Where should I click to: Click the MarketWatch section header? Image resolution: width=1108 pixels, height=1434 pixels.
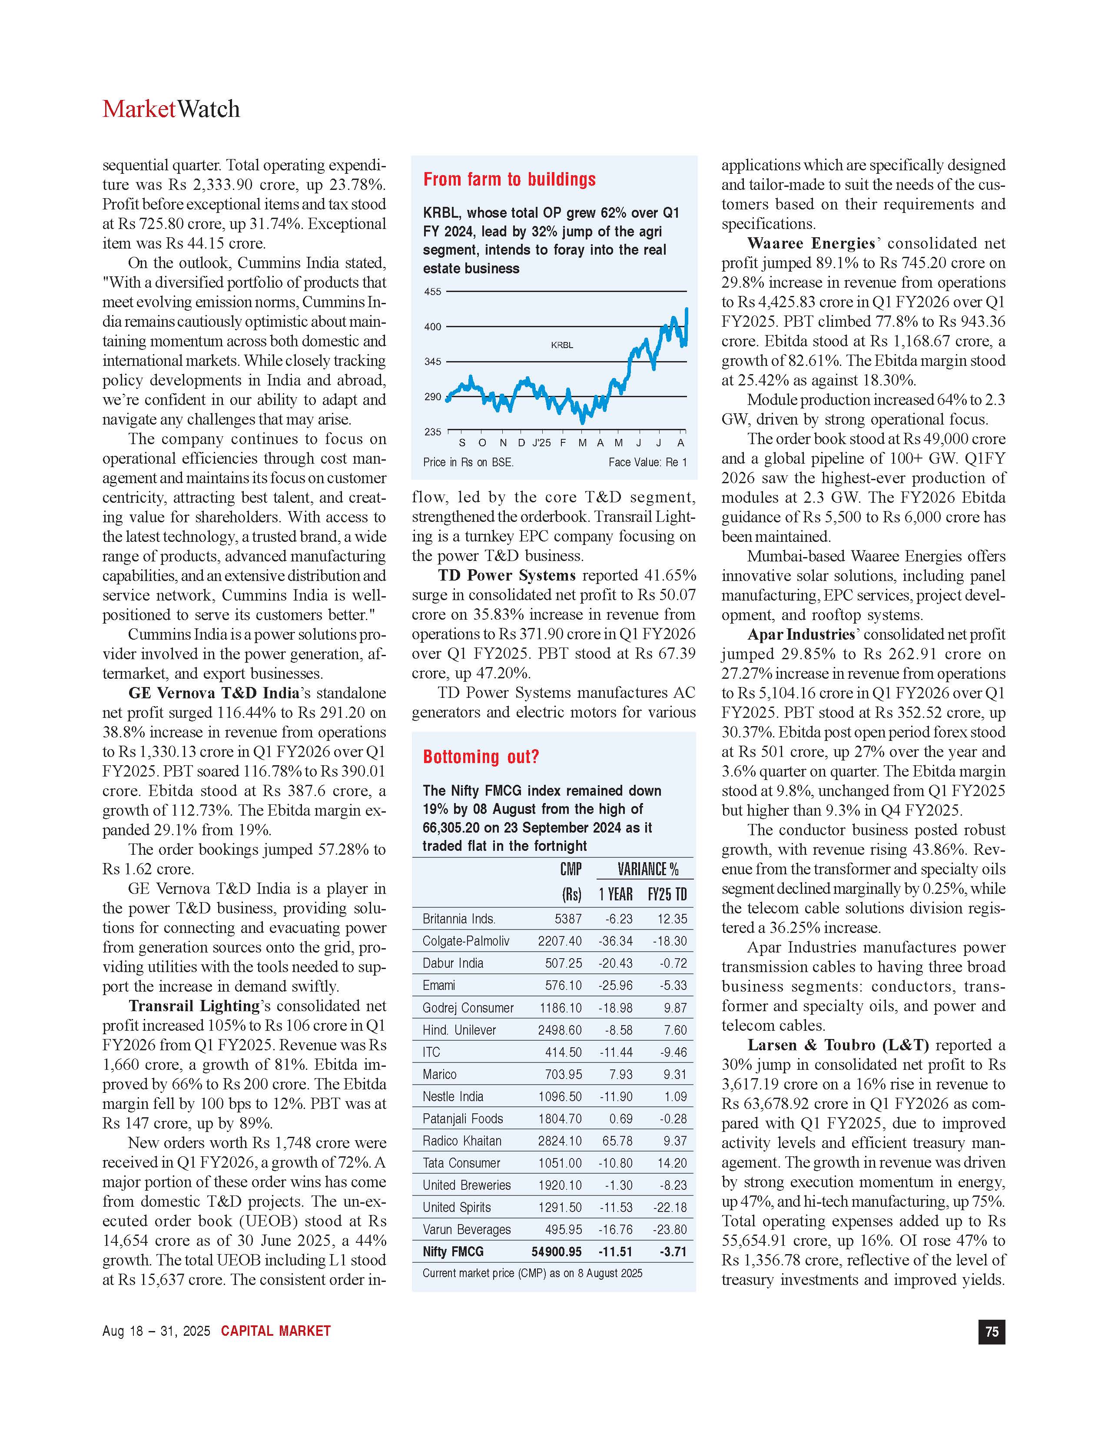click(171, 109)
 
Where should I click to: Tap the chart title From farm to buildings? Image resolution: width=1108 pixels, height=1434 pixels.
click(509, 179)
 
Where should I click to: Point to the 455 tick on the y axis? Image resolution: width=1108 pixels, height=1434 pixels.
click(433, 292)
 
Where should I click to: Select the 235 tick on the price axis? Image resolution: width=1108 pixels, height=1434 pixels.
click(433, 432)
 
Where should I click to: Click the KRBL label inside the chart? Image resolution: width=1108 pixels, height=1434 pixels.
click(562, 345)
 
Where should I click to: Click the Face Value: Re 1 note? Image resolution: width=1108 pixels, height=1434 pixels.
click(647, 462)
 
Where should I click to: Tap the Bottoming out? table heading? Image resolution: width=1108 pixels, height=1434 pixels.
click(481, 757)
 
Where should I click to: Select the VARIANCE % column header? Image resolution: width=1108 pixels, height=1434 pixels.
click(647, 870)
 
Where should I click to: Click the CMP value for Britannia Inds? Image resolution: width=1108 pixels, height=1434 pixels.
click(568, 919)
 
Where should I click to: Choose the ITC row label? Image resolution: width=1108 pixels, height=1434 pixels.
click(431, 1052)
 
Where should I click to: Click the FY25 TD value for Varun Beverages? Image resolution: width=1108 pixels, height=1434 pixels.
click(670, 1230)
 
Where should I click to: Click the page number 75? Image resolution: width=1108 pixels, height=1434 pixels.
click(991, 1331)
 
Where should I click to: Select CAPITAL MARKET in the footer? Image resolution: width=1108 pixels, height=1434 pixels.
click(275, 1331)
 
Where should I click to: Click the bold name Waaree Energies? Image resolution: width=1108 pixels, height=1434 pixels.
click(811, 244)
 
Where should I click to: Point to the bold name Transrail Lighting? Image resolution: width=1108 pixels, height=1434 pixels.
click(194, 1006)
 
